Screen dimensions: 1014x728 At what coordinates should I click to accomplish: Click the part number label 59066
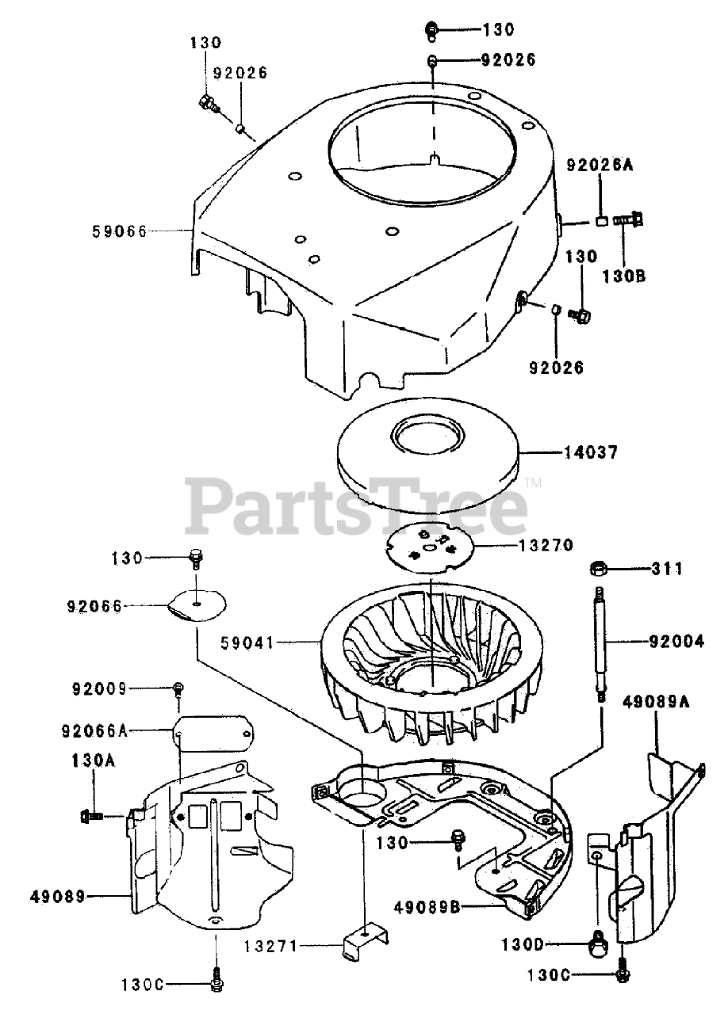pos(120,231)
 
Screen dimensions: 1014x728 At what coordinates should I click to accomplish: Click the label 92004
pos(675,642)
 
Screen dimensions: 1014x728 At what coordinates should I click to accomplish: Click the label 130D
pos(523,945)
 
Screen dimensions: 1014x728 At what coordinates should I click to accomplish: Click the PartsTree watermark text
pos(356,504)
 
